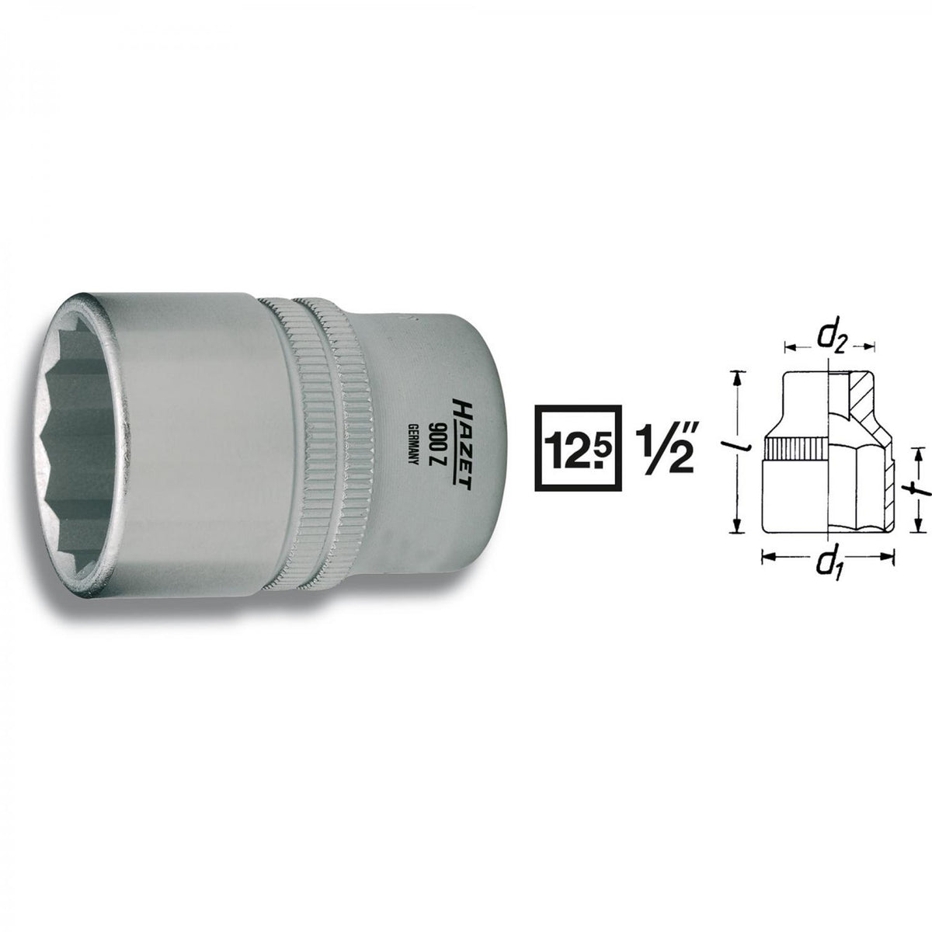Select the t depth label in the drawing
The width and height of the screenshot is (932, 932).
pyautogui.click(x=917, y=489)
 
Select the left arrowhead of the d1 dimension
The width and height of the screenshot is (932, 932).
pyautogui.click(x=766, y=555)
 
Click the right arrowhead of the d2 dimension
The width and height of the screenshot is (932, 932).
pyautogui.click(x=870, y=345)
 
